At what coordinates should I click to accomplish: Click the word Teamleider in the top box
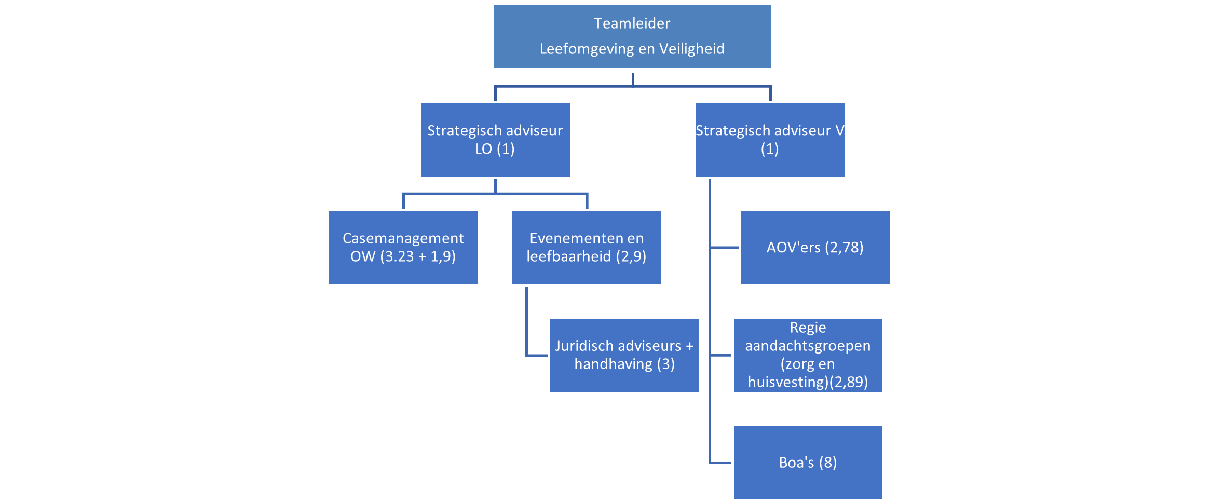[632, 23]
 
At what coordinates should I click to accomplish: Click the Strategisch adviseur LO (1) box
[495, 140]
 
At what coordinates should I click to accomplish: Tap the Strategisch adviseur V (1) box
[770, 140]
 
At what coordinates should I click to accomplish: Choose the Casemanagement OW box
[403, 248]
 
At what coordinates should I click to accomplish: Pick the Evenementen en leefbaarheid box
[587, 248]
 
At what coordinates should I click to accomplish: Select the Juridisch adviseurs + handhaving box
[624, 355]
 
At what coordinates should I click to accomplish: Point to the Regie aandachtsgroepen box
[808, 355]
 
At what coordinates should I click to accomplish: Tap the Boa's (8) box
[808, 463]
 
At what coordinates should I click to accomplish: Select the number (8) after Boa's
[828, 463]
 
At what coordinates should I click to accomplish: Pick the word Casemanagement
[403, 238]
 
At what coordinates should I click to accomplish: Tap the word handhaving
[613, 364]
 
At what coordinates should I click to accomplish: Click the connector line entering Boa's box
[720, 463]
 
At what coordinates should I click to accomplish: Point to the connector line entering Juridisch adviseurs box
[537, 356]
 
